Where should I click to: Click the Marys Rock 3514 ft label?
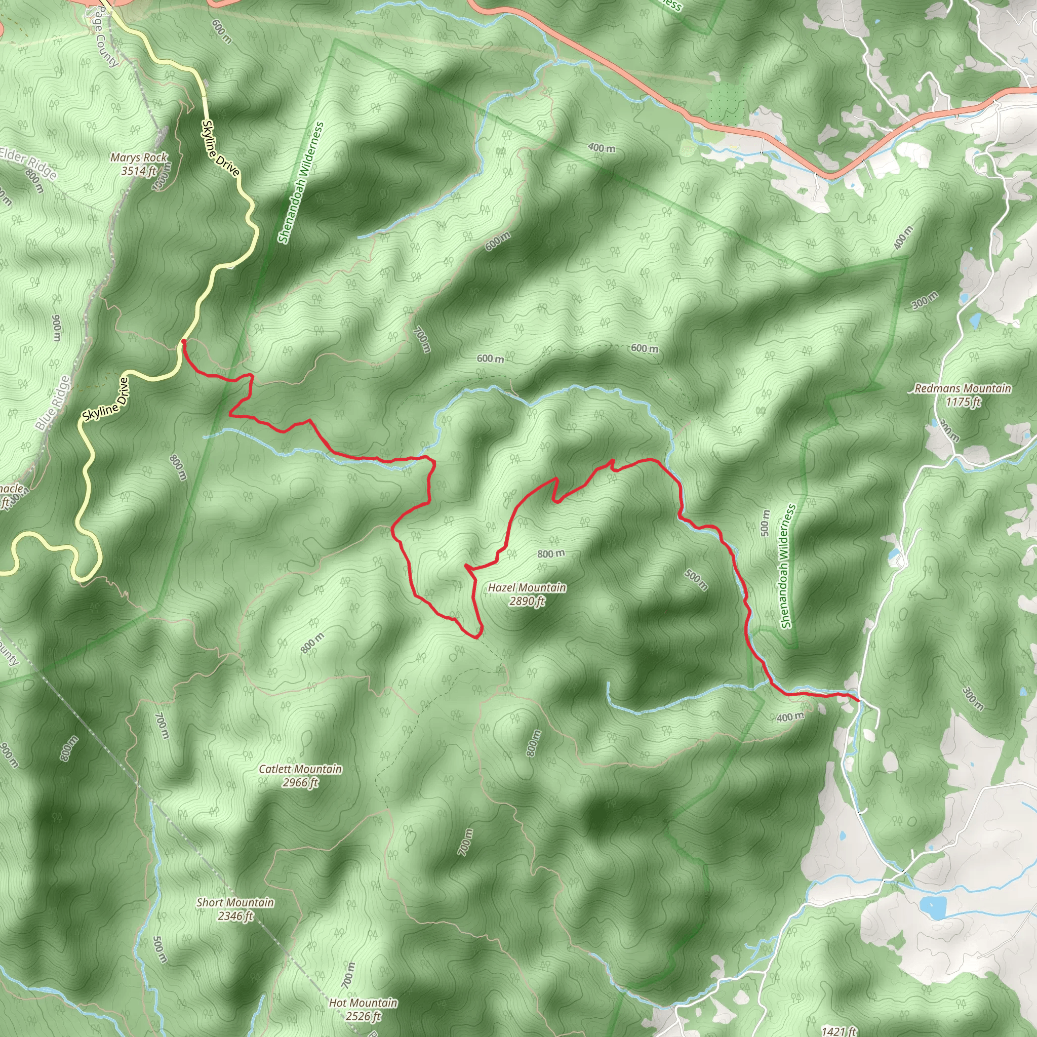point(138,164)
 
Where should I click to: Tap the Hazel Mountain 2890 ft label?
point(527,594)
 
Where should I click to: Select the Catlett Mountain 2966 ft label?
point(300,776)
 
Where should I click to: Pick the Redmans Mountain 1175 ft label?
point(963,394)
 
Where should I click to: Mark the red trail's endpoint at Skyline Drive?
point(184,341)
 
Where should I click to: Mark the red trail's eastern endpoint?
point(859,700)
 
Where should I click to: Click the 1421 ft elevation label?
point(839,1030)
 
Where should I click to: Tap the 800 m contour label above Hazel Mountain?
point(551,553)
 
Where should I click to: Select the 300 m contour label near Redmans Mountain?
point(924,301)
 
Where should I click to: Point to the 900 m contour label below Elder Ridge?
point(56,328)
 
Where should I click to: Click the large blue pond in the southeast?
point(933,906)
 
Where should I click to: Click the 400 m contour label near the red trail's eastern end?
point(790,716)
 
